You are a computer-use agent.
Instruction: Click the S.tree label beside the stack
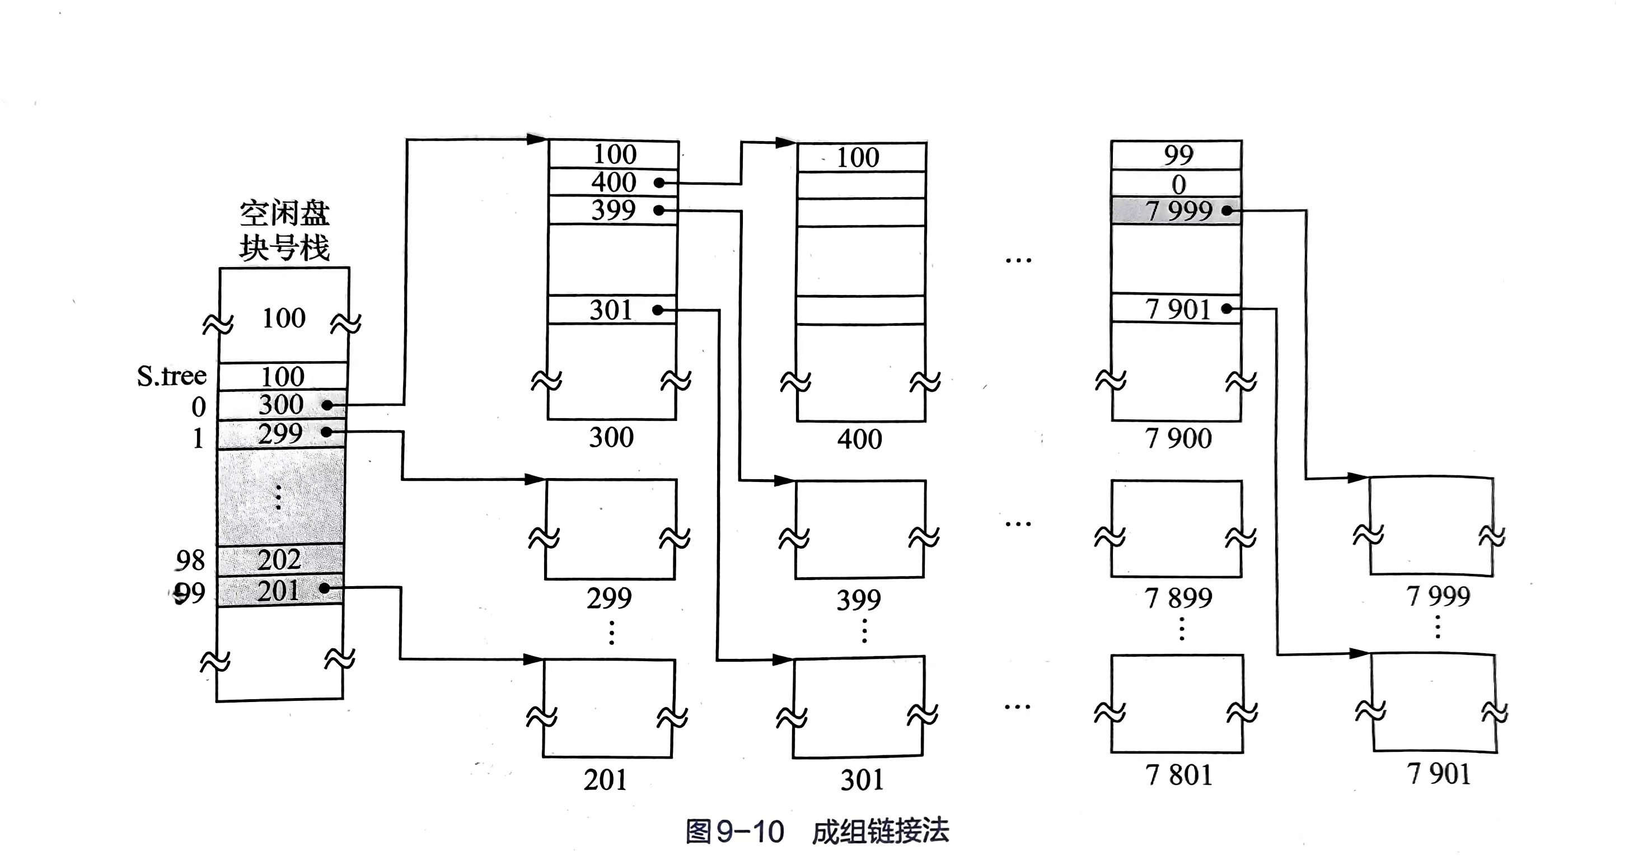coord(171,376)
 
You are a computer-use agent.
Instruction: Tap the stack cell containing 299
coord(280,434)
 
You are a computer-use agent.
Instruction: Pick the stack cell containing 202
coord(279,560)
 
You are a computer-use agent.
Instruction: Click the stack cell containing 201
coord(279,591)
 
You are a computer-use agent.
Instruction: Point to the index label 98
coord(190,560)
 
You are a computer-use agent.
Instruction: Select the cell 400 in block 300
coord(613,183)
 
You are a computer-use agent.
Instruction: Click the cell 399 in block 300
coord(613,210)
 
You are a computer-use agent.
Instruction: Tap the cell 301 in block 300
coord(611,310)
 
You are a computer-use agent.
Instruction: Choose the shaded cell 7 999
coord(1177,210)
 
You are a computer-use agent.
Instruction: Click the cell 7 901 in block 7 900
coord(1177,310)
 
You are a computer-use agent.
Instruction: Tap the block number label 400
coord(860,439)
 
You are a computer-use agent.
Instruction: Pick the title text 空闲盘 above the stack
coord(284,213)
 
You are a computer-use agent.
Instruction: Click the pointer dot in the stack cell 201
coord(324,588)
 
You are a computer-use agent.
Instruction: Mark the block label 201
coord(605,779)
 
